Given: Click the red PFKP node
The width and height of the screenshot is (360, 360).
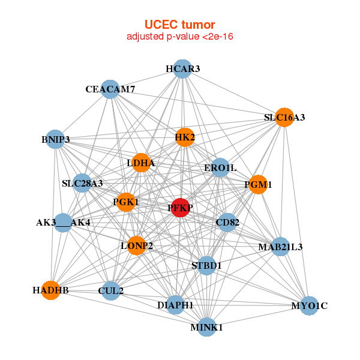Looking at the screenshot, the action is [181, 208].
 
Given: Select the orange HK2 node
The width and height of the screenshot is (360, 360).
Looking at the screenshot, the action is [185, 137].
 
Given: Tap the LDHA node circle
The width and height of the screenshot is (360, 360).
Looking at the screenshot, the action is [141, 163].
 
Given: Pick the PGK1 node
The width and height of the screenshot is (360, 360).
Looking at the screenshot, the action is [126, 202].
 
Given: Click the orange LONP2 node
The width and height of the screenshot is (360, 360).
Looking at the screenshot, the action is [136, 245].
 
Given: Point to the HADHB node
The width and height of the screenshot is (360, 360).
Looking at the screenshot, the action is [51, 290].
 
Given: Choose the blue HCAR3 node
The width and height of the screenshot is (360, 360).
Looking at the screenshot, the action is [182, 69].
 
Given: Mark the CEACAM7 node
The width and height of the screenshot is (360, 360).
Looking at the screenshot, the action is [110, 89].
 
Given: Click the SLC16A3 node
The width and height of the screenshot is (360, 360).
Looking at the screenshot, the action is [284, 118].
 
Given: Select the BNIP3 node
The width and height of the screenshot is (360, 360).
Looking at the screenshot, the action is [55, 140].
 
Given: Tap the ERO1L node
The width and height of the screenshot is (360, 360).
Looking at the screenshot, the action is [220, 167].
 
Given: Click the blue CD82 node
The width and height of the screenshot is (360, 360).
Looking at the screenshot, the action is [227, 223].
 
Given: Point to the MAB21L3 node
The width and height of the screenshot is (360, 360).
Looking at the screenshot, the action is [280, 247].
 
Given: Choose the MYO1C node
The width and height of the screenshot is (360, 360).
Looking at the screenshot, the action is [309, 306].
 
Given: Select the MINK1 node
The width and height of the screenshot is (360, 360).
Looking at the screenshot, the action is [206, 328].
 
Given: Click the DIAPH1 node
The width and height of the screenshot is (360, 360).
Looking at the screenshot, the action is [175, 305].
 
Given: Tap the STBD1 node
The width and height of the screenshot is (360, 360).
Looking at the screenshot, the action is [206, 265].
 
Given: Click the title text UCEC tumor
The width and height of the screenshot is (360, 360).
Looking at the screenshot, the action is [179, 25].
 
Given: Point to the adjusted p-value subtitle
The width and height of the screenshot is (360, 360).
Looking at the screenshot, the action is [179, 37].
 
